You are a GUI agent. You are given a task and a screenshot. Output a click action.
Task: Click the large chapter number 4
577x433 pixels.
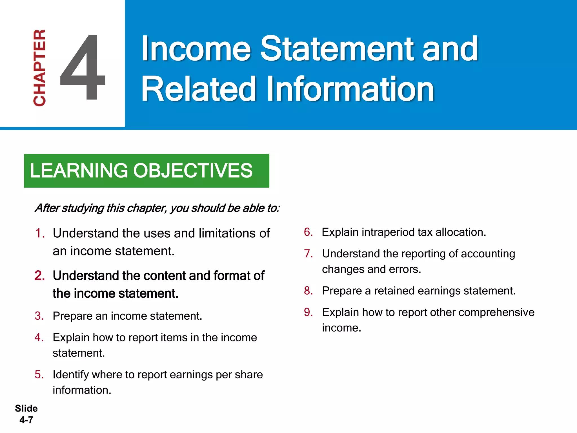tap(83, 68)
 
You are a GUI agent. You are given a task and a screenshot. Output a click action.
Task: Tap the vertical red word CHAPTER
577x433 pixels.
tap(39, 68)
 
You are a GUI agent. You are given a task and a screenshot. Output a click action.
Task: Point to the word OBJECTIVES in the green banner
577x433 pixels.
tap(193, 171)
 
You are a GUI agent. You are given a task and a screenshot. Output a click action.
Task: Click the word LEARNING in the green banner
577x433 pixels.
tap(79, 171)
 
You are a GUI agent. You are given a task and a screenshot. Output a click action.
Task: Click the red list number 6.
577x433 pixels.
tap(308, 232)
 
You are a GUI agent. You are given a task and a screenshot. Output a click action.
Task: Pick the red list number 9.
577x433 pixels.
tap(308, 312)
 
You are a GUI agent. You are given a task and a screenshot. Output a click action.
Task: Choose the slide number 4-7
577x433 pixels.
tap(26, 420)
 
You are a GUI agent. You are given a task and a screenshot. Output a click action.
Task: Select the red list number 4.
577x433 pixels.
tap(39, 337)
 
